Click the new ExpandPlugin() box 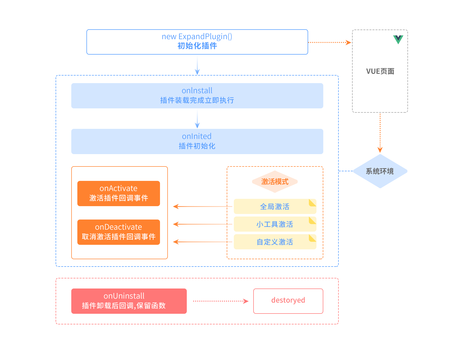[197, 42]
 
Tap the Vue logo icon [398, 39]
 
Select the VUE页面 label [380, 71]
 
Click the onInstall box [197, 96]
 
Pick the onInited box [197, 141]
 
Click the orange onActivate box [119, 194]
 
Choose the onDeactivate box [119, 232]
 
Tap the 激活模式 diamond [275, 182]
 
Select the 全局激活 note [275, 206]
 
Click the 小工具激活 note [275, 224]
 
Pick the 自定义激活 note [275, 242]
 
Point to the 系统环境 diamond [380, 171]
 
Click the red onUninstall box [129, 301]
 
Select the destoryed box [288, 301]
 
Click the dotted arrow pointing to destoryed [221, 301]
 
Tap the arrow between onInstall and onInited [197, 119]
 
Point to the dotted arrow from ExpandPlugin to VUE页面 [330, 42]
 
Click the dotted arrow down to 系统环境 [380, 133]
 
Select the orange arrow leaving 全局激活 [202, 206]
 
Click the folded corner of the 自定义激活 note [313, 238]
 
